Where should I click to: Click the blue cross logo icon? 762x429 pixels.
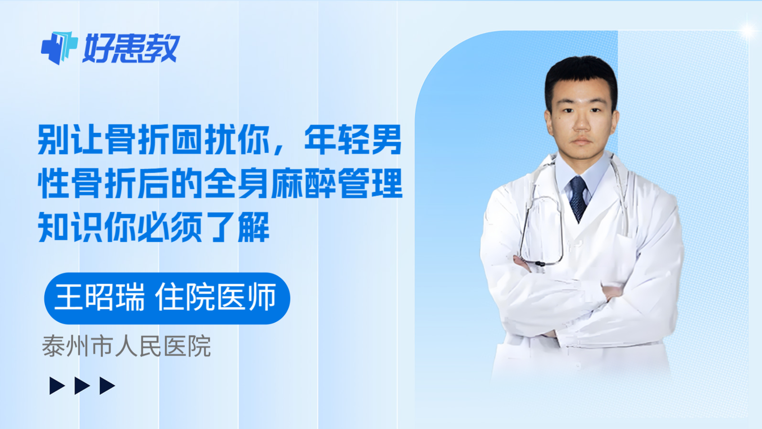point(59,48)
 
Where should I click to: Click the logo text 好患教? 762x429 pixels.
point(131,48)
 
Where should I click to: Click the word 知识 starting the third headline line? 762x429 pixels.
point(70,227)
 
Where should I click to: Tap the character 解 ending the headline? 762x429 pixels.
point(253,227)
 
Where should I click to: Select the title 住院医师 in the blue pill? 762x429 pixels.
point(216,297)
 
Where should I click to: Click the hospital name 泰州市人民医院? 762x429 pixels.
point(126,347)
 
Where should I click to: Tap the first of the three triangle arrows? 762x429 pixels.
point(57,386)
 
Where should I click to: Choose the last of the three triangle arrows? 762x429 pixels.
point(107,386)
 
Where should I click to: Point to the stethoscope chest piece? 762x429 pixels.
point(539,263)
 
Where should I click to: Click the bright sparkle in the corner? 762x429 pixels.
point(747,31)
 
